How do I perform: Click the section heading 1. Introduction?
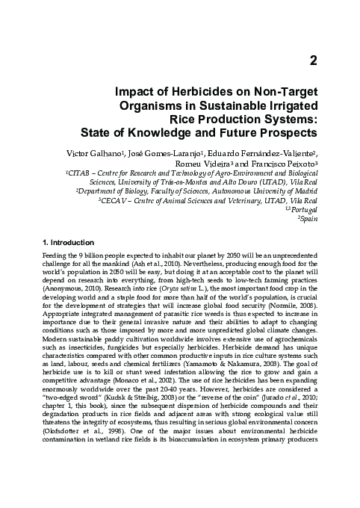67,243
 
